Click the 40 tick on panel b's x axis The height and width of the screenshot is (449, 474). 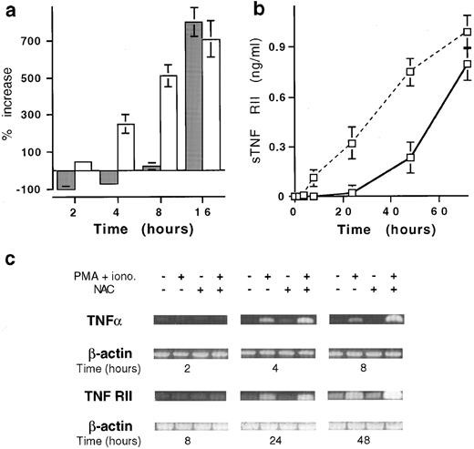(388, 212)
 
